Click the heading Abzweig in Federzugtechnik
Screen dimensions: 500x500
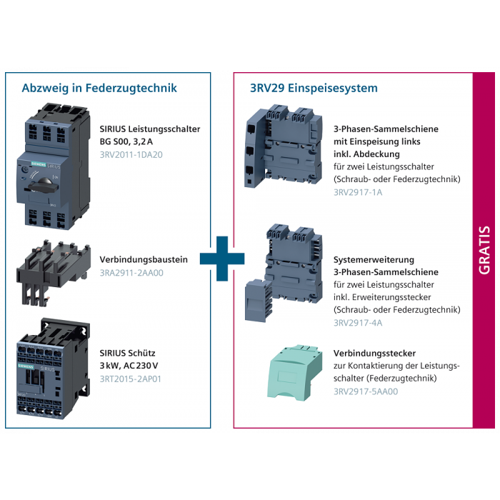pos(99,88)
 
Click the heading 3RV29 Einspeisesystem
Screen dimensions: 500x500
pos(314,88)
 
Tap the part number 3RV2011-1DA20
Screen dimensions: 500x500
pos(131,155)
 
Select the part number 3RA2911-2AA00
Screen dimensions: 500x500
pos(131,273)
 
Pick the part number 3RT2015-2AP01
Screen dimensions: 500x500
pos(131,379)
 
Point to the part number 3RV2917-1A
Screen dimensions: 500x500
pos(358,192)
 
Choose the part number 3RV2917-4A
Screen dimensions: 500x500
pos(358,323)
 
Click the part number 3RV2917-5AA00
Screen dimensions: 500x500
pos(366,391)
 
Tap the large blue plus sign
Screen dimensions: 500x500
pos(222,259)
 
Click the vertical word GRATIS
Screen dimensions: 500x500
pos(484,250)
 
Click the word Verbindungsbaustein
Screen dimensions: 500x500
pos(144,259)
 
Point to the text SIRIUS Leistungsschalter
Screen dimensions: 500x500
pos(150,129)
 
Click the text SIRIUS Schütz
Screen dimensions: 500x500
pos(128,353)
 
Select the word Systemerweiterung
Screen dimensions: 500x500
pos(374,259)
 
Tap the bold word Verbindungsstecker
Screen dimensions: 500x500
pos(375,354)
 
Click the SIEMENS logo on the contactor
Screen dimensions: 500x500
pos(26,366)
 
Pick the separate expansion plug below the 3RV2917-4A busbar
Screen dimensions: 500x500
pos(259,301)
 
